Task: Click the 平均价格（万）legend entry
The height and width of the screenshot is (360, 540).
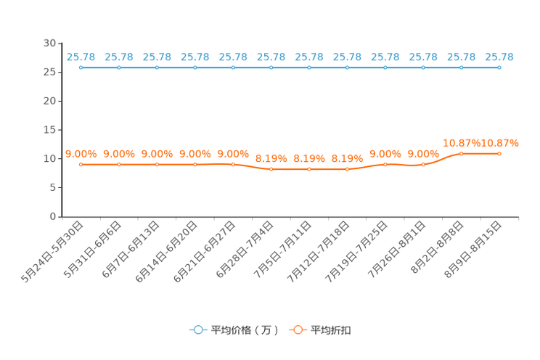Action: (x=234, y=330)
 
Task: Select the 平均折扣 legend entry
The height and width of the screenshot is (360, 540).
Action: (x=320, y=330)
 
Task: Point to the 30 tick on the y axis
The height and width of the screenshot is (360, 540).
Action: (x=49, y=43)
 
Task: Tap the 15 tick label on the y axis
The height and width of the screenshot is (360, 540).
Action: (x=49, y=130)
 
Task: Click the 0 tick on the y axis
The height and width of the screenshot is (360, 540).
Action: (x=53, y=216)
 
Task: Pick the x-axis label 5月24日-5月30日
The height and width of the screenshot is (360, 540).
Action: (x=52, y=252)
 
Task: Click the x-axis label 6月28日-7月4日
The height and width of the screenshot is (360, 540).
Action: (x=245, y=250)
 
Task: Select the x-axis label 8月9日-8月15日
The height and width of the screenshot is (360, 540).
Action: (x=472, y=250)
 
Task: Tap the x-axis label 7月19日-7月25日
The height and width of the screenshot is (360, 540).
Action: (x=356, y=252)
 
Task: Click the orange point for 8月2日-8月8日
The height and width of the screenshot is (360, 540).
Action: (x=461, y=154)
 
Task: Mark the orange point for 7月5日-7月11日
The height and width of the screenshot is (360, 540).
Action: (x=309, y=169)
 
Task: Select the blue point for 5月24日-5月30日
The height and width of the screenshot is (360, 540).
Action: (x=81, y=67)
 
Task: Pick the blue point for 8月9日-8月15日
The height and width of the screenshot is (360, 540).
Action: (x=499, y=67)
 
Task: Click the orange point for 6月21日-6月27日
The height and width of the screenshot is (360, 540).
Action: (x=233, y=165)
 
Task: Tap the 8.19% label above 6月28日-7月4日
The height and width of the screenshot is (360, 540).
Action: (x=271, y=158)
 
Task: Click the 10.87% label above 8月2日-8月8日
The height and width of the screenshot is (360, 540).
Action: (x=461, y=143)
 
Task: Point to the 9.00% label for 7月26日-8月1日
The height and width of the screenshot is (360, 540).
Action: (x=423, y=154)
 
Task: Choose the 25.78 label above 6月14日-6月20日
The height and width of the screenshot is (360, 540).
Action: (x=195, y=57)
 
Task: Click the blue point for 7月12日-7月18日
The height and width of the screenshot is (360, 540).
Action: (x=347, y=67)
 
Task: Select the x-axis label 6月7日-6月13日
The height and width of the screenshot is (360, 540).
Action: (x=131, y=250)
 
